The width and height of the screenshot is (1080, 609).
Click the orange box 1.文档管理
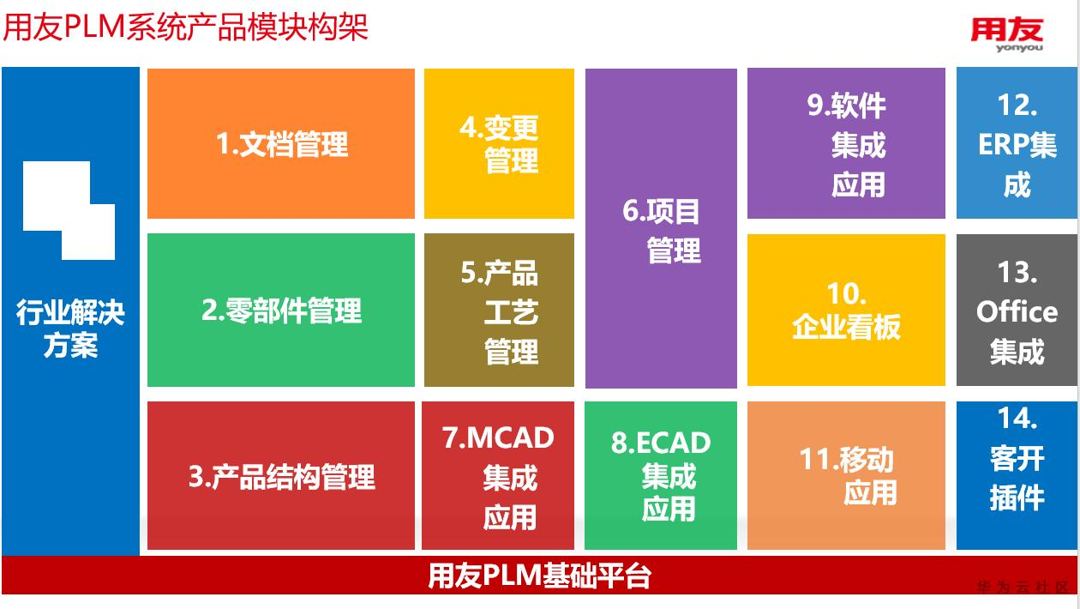(x=281, y=143)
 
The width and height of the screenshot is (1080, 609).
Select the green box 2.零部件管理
(x=281, y=310)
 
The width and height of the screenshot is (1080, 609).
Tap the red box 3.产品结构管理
(x=281, y=476)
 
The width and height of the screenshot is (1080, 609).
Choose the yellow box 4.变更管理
(x=499, y=143)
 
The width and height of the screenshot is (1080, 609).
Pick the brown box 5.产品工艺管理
(x=499, y=310)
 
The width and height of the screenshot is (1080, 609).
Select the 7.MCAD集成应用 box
(x=498, y=476)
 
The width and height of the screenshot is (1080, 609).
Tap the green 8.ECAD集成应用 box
(x=661, y=476)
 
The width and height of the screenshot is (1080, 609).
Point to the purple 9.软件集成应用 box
(x=846, y=143)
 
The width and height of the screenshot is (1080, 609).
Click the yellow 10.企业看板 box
(x=846, y=310)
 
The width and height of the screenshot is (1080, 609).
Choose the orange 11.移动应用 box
(x=846, y=476)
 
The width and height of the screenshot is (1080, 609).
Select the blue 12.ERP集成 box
(x=1017, y=143)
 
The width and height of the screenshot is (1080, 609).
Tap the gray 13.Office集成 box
(x=1017, y=310)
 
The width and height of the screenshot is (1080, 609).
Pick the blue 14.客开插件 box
(x=1017, y=476)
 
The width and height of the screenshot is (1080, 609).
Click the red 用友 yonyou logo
(x=1007, y=34)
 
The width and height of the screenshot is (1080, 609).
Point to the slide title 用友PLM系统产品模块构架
(x=185, y=27)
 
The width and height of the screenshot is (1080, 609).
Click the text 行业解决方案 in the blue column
(x=70, y=329)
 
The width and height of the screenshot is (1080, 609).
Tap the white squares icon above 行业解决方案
(x=69, y=209)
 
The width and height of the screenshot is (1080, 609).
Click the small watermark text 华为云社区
(x=1022, y=588)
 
